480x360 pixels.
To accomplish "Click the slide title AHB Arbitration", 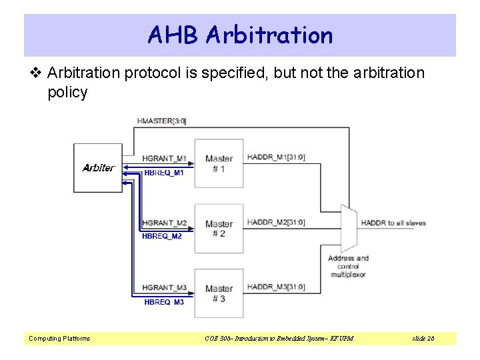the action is [x=240, y=35].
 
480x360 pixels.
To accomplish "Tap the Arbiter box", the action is [x=98, y=168].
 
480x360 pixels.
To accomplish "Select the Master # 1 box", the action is [x=219, y=163].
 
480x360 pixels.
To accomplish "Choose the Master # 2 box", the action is [x=219, y=229].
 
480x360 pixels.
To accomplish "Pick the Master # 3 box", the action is [x=219, y=293].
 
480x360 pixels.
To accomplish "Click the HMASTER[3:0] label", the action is [x=161, y=121].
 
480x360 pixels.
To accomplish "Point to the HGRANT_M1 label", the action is [x=165, y=159].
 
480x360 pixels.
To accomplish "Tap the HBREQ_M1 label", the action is [x=163, y=173].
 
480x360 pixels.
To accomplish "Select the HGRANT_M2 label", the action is [x=165, y=223].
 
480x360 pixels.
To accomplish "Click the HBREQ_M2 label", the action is [x=162, y=236].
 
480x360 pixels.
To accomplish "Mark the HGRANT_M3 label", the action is [x=165, y=287].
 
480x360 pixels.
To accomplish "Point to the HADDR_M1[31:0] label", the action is [x=276, y=157].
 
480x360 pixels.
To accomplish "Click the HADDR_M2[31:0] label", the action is [x=276, y=222].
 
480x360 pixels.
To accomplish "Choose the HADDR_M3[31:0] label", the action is [x=276, y=287].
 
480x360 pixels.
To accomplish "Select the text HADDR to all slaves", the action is [x=393, y=223].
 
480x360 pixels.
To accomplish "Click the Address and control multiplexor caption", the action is [x=348, y=266].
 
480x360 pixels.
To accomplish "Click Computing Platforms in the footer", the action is [x=59, y=339].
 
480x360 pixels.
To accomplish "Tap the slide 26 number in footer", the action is [x=423, y=339].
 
